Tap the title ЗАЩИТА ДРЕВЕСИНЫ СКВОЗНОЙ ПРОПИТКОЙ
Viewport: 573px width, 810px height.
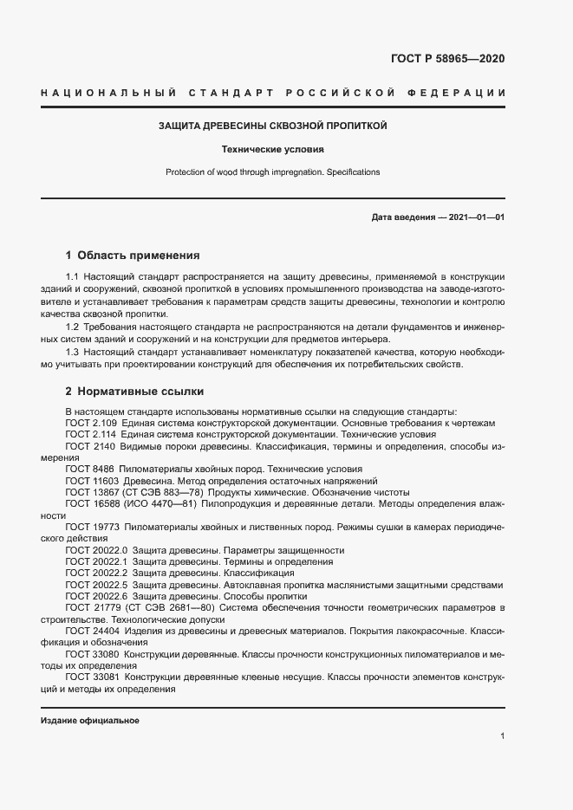pyautogui.click(x=272, y=126)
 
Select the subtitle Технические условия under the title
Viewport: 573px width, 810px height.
pyautogui.click(x=272, y=149)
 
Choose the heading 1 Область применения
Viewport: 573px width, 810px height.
pyautogui.click(x=133, y=256)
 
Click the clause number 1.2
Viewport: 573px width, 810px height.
pyautogui.click(x=73, y=326)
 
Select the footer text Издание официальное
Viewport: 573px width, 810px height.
pyautogui.click(x=89, y=721)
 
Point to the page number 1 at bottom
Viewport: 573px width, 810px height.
pyautogui.click(x=502, y=736)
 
